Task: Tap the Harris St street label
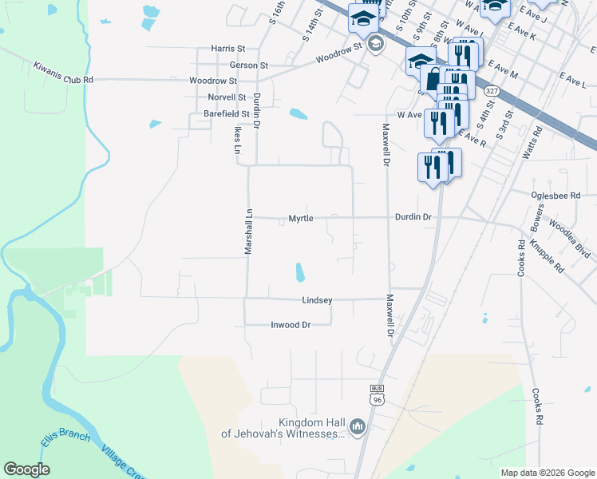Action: (227, 49)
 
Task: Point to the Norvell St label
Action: (227, 97)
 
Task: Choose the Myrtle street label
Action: (301, 218)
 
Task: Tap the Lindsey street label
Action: (317, 300)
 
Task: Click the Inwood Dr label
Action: (290, 325)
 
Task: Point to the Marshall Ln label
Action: (248, 232)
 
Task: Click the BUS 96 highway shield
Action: (378, 394)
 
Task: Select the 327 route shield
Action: (491, 92)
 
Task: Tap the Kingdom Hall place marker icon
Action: (357, 428)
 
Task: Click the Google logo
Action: (26, 469)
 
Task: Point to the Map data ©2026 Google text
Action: (547, 473)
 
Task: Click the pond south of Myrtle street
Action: (300, 273)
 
